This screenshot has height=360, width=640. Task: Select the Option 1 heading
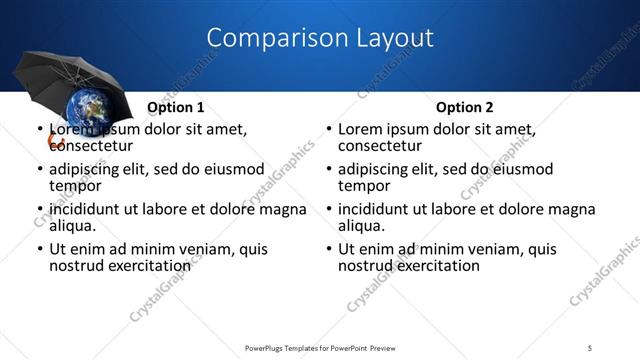tap(176, 107)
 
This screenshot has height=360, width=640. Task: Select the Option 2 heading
tap(465, 107)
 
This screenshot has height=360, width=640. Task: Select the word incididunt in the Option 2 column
tap(374, 209)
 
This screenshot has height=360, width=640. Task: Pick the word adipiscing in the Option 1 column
tap(86, 169)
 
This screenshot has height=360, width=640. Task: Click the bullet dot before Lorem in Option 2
tap(328, 130)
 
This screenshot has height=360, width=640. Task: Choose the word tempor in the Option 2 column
tap(364, 186)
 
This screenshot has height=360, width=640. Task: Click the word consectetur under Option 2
tap(379, 146)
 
